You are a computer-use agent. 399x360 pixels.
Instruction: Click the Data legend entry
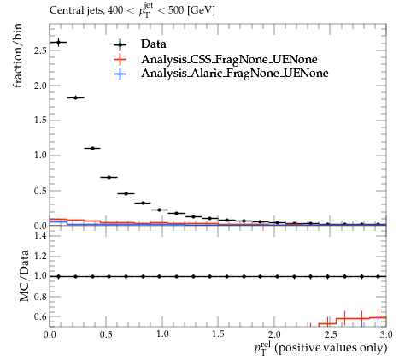point(154,44)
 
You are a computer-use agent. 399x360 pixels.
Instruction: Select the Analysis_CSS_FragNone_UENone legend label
point(229,59)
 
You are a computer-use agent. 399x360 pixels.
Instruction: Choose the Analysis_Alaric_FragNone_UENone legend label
point(235,74)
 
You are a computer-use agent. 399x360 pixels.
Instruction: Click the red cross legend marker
point(120,59)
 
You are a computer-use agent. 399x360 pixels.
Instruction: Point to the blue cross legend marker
point(120,74)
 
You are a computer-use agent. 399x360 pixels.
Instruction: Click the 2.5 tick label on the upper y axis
point(40,50)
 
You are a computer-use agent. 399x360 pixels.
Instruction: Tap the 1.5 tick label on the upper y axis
point(40,121)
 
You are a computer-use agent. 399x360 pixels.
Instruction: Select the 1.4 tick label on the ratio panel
point(40,235)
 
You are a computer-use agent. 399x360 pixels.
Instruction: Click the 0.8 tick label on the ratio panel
point(40,297)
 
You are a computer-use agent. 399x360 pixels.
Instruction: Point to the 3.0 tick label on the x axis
point(386,334)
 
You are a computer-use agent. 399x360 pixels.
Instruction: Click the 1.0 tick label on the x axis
point(162,334)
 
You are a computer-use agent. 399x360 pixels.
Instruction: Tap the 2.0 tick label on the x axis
point(274,334)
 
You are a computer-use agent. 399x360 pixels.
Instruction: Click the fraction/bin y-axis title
point(18,56)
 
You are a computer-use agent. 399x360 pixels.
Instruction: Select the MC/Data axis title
point(25,275)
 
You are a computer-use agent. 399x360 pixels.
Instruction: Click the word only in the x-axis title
point(375,348)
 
